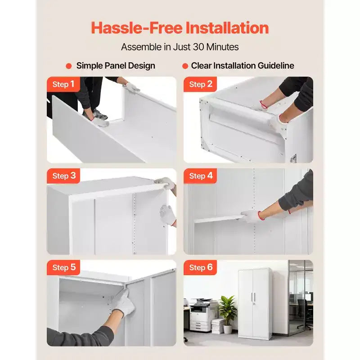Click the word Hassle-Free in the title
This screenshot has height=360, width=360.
click(x=137, y=28)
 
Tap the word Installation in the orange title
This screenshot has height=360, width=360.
click(x=227, y=28)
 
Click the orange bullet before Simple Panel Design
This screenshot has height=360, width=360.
click(x=69, y=66)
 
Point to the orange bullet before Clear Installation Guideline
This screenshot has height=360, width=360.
click(x=185, y=66)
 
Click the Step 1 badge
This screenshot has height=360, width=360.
click(x=63, y=84)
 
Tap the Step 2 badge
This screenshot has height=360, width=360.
click(x=200, y=84)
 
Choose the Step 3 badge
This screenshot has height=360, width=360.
click(x=63, y=176)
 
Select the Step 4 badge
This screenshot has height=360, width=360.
click(x=200, y=176)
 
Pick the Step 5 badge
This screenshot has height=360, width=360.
click(x=63, y=267)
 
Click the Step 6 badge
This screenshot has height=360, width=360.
click(x=200, y=267)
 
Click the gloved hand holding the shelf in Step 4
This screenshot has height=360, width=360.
click(x=251, y=216)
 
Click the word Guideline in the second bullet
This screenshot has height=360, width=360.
click(x=276, y=66)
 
